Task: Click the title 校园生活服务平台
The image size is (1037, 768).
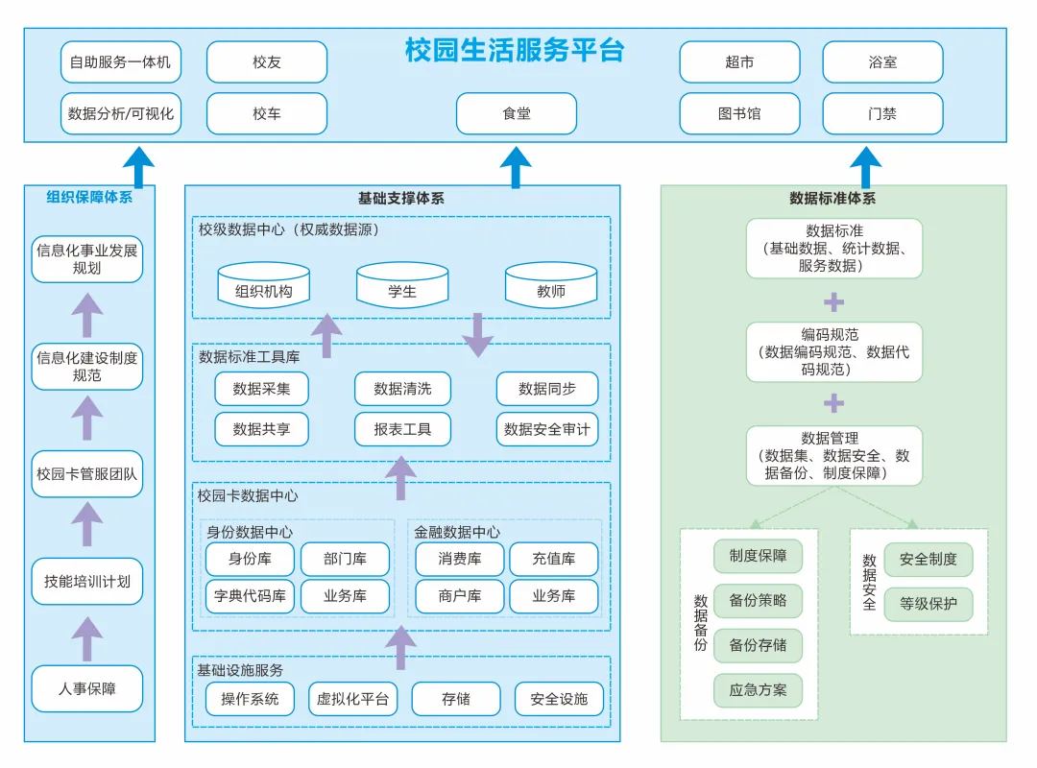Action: [x=515, y=51]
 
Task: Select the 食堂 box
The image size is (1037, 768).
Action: [x=516, y=113]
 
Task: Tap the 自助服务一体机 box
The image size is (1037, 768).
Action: [x=120, y=62]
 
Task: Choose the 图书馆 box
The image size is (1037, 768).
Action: [x=739, y=113]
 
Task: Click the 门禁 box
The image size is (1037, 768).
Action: [x=882, y=113]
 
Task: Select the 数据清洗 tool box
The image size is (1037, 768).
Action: [x=402, y=389]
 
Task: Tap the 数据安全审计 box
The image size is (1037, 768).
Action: [x=547, y=429]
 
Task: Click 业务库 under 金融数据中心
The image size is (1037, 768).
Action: [x=554, y=596]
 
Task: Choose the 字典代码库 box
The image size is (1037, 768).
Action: [x=250, y=596]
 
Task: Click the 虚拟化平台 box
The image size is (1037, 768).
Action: [x=352, y=699]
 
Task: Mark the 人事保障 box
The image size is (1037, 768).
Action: [x=87, y=688]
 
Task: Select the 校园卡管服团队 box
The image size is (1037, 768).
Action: [x=87, y=473]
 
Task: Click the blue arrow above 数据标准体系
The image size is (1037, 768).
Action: [x=865, y=167]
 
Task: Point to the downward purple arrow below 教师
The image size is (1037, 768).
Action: [x=477, y=335]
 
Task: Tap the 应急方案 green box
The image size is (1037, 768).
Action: [x=758, y=689]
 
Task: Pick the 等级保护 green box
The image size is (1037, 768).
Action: [x=928, y=605]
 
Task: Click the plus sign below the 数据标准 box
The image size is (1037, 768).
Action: [x=834, y=302]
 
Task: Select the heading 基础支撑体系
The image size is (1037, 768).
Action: [x=401, y=199]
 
